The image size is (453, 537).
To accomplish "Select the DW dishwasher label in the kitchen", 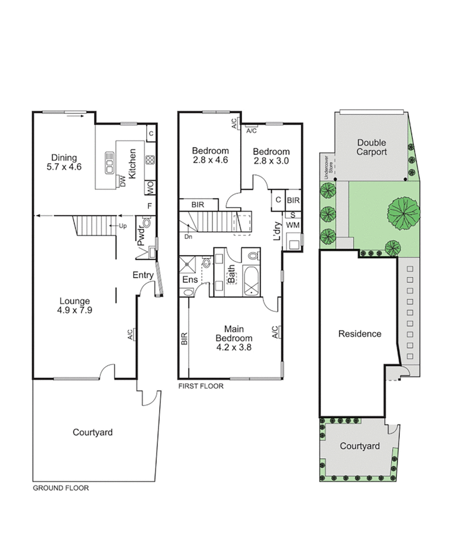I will click(x=121, y=181).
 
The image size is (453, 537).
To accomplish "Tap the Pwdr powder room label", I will click(x=141, y=236).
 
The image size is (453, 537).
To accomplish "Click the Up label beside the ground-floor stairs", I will click(x=122, y=226).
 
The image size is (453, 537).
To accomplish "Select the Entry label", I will click(x=143, y=275).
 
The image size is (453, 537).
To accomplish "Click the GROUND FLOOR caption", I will click(x=61, y=488).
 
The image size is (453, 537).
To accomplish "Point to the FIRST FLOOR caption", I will click(x=200, y=387).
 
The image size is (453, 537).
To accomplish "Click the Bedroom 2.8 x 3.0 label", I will click(x=271, y=156).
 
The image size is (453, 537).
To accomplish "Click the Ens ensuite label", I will click(x=188, y=280).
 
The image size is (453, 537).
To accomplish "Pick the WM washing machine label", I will click(x=292, y=225).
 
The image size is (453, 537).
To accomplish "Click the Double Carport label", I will click(x=372, y=147).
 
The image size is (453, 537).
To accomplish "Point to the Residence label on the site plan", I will click(x=360, y=334).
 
